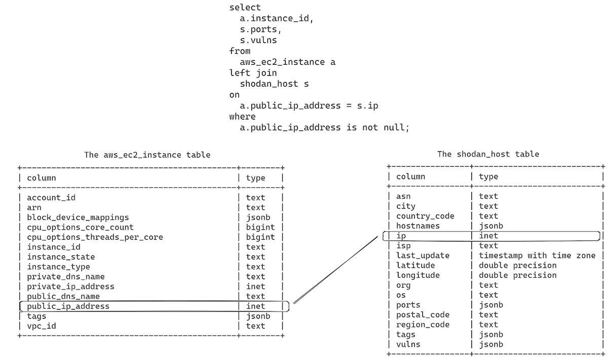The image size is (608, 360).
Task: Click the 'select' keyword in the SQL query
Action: [245, 8]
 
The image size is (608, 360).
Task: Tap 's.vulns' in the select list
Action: [258, 40]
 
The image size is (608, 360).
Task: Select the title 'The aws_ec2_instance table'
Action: [147, 155]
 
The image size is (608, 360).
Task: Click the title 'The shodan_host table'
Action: [488, 154]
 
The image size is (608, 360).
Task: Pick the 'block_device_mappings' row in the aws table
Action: [78, 218]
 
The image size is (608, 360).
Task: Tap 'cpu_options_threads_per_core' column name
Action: [95, 237]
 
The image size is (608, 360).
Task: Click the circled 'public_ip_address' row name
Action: [68, 306]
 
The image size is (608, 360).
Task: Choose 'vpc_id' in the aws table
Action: [41, 326]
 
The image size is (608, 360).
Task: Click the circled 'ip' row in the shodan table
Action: [401, 236]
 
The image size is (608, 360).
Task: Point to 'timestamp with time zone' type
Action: [537, 256]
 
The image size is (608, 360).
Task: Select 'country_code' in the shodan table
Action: [425, 216]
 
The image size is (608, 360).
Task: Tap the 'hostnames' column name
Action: [417, 226]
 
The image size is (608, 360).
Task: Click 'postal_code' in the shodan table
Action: [423, 315]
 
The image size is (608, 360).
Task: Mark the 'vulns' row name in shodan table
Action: [408, 344]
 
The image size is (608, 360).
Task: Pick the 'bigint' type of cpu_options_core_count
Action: [260, 227]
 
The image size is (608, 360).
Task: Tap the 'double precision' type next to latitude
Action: [517, 265]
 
